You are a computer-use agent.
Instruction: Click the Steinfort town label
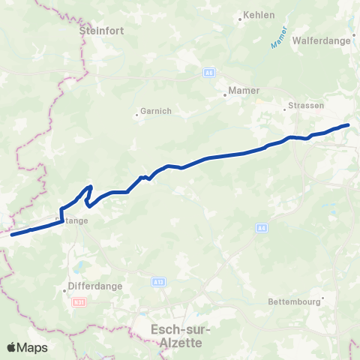coord(104,31)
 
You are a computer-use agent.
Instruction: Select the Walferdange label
coord(322,40)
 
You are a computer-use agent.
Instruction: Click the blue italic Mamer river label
coord(281,37)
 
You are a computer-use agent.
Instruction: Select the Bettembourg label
coord(295,302)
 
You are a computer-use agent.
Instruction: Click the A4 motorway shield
coord(261,227)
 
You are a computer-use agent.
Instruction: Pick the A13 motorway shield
coord(157,282)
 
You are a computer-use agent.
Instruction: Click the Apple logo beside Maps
coord(12,347)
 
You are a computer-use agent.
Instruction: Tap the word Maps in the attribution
coord(33,347)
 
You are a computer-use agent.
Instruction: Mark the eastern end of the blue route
coord(348,124)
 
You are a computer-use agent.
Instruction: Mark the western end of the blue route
coord(12,235)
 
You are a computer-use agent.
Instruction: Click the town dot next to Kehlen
coord(239,19)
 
